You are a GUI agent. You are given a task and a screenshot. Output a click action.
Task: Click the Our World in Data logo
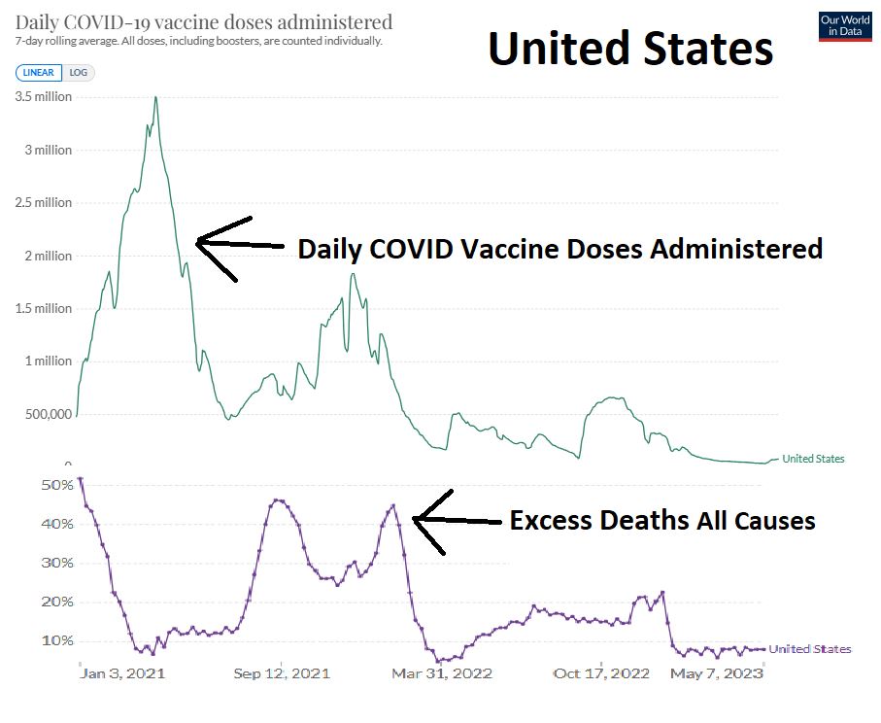click(x=845, y=26)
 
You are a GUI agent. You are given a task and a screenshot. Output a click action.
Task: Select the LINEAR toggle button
click(x=39, y=72)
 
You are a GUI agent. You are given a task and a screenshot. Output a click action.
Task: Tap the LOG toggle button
click(x=79, y=72)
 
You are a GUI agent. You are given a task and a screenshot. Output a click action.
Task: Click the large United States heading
click(x=630, y=48)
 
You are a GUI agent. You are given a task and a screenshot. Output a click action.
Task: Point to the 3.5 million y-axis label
click(x=44, y=97)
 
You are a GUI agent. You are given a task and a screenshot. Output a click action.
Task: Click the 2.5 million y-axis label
click(x=44, y=203)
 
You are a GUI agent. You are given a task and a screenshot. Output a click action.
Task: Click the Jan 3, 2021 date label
click(x=123, y=673)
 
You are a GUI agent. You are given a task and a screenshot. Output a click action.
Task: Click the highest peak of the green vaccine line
click(x=155, y=97)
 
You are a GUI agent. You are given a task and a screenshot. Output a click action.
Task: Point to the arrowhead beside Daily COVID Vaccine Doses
click(x=198, y=241)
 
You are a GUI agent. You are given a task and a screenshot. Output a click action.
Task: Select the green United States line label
click(x=813, y=459)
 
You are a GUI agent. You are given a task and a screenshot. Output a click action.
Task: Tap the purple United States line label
click(x=810, y=649)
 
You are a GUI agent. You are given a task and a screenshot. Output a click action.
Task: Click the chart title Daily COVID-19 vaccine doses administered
click(x=204, y=21)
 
